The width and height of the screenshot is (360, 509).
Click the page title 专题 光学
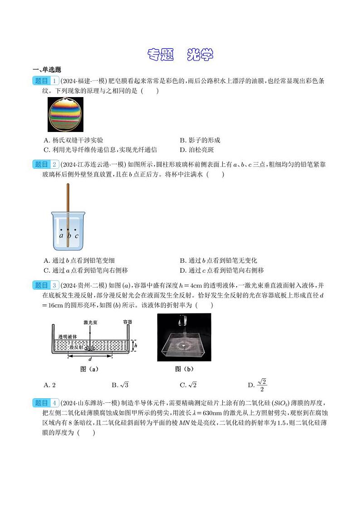coord(180,55)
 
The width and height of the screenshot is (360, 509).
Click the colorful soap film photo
coord(65,114)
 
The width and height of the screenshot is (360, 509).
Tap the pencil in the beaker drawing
coord(68,213)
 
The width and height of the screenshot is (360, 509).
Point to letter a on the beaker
coord(61,235)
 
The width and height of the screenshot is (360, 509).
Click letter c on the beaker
coord(77,235)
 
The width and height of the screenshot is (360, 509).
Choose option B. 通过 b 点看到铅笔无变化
coord(218,260)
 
